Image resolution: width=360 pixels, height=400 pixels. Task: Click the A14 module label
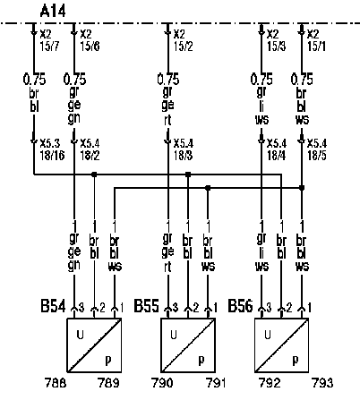click(53, 12)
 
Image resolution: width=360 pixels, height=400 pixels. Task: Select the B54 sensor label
click(53, 306)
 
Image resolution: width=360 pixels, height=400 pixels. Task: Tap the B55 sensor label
click(146, 306)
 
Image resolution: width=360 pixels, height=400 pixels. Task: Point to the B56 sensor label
click(240, 306)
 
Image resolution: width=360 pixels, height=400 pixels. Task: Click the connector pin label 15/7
click(49, 47)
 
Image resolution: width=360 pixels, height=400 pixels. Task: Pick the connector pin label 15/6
click(90, 47)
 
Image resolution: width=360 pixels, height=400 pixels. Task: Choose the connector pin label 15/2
click(184, 47)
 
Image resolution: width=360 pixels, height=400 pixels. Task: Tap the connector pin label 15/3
click(277, 47)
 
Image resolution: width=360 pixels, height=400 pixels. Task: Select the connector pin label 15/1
click(317, 47)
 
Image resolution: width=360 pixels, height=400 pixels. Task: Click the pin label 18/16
click(52, 156)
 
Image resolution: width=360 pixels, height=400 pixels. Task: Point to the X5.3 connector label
click(50, 143)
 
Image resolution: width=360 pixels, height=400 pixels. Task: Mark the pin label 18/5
click(317, 156)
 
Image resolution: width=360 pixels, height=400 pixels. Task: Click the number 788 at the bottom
click(56, 383)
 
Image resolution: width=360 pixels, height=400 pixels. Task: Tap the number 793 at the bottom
click(322, 383)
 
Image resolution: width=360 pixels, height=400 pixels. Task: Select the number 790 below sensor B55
click(163, 383)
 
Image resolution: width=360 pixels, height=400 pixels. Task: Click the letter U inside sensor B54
click(80, 335)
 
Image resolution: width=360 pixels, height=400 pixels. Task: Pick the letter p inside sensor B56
click(296, 362)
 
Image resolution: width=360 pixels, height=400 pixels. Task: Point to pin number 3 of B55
click(176, 307)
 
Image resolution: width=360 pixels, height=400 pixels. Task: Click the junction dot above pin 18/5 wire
click(302, 188)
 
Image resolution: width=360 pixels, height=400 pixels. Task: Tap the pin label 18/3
click(184, 156)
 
